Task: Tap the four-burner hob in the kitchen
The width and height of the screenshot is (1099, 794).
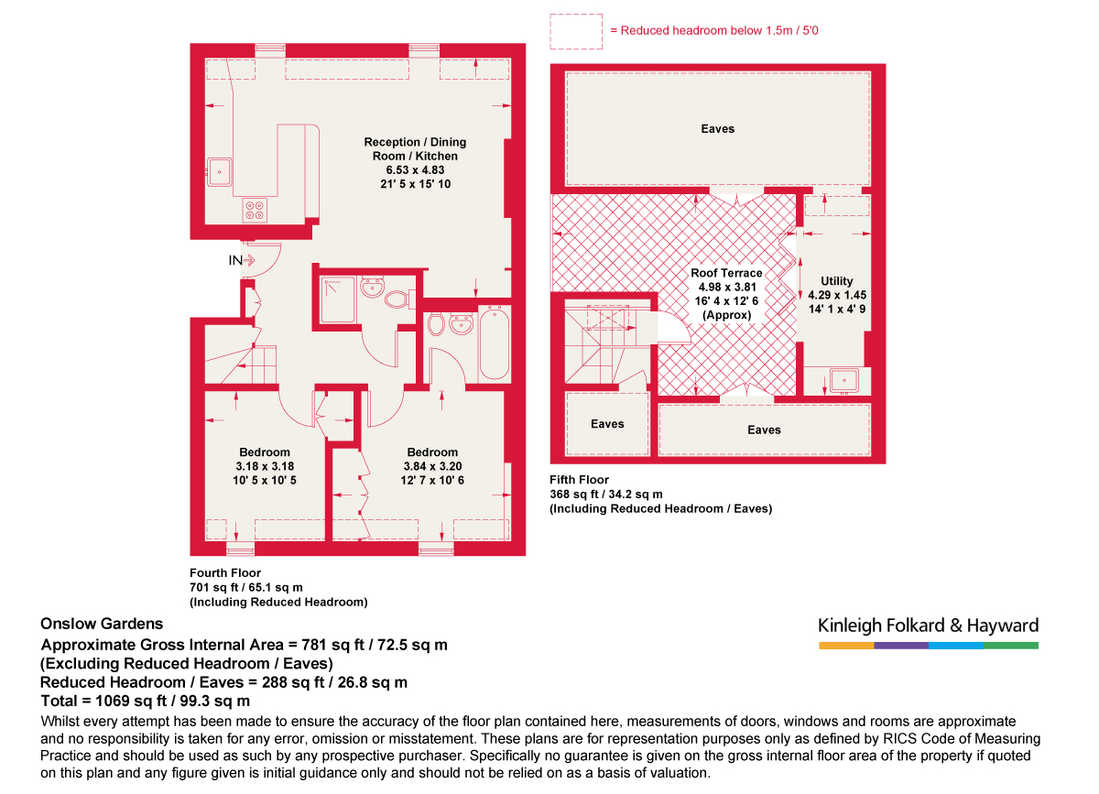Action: [x=255, y=212]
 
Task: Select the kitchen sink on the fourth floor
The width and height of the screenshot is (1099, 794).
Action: [x=220, y=170]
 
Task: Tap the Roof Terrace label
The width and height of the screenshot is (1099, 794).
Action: [x=726, y=273]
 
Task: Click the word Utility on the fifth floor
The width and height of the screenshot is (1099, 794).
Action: [x=837, y=281]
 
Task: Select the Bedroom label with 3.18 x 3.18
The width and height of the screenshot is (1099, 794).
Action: [x=265, y=452]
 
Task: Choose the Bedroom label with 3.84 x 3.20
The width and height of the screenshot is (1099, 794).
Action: [x=432, y=452]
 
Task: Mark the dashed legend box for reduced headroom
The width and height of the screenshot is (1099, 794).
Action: [x=575, y=31]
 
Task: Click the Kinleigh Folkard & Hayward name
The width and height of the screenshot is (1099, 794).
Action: [x=928, y=626]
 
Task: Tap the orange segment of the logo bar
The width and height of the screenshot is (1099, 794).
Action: [x=845, y=646]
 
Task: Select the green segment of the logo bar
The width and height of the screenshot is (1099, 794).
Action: [x=1011, y=646]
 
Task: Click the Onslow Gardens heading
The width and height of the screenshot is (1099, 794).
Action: [x=102, y=624]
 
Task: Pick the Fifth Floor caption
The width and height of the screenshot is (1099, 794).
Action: [x=579, y=480]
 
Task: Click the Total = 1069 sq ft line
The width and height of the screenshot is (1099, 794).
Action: [x=145, y=702]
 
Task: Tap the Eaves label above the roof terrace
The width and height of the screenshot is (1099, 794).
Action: [x=717, y=129]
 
